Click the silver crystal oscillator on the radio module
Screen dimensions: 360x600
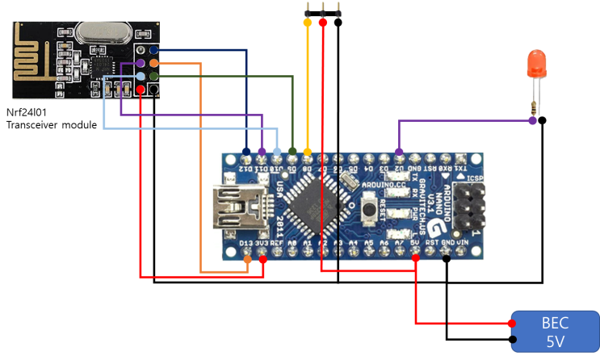pos(102,33)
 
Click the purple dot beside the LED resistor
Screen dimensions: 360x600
pos(532,121)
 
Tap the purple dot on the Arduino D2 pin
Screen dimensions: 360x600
pos(399,151)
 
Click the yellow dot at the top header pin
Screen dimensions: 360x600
pos(307,23)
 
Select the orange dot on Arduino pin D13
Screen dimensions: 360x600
pos(248,260)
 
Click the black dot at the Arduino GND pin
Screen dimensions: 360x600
pos(447,259)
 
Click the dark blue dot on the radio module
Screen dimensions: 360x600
pos(153,51)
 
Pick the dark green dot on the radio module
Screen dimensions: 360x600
pos(153,76)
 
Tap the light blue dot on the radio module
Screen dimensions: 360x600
pos(141,76)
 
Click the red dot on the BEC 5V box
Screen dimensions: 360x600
pos(513,323)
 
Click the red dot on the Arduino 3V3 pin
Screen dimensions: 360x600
pos(263,260)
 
